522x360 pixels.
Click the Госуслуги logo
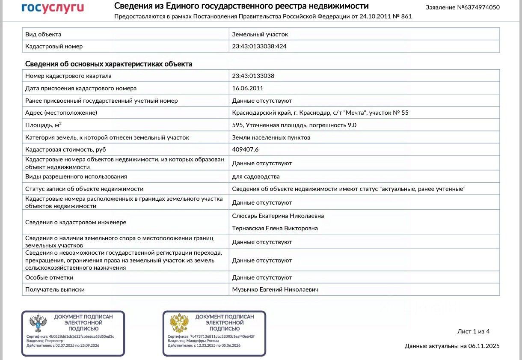click(53, 8)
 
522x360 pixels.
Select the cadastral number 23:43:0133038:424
click(259, 46)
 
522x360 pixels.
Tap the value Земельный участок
click(260, 34)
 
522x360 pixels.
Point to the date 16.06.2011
click(247, 88)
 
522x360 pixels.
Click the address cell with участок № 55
click(320, 113)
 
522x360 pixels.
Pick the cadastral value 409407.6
click(245, 150)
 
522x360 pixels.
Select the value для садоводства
click(256, 176)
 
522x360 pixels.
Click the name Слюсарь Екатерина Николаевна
click(278, 216)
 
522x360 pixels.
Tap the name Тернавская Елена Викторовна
click(275, 229)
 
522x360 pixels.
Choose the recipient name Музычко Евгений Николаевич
click(275, 290)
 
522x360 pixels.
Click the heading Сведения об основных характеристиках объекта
click(109, 64)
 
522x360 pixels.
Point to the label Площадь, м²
click(43, 125)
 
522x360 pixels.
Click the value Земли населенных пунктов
click(271, 138)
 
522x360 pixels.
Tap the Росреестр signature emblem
click(38, 324)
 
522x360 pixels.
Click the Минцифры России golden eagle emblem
click(179, 324)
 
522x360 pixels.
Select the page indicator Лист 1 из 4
click(473, 332)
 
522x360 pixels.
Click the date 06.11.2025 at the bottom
click(483, 346)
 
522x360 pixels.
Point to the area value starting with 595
click(294, 125)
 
